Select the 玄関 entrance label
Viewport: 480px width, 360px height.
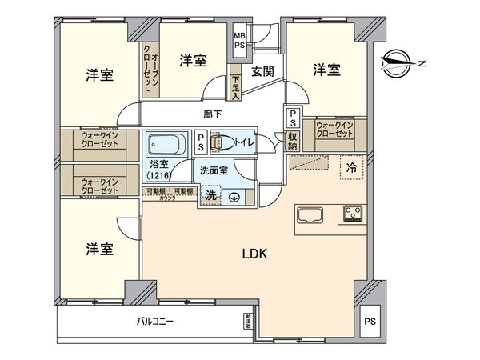263,71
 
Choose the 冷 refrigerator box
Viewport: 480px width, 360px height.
351,167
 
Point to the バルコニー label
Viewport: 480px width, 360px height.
151,322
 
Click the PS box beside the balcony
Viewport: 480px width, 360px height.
369,322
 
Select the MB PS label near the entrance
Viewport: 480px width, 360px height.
239,42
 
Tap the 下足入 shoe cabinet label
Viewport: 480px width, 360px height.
235,86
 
